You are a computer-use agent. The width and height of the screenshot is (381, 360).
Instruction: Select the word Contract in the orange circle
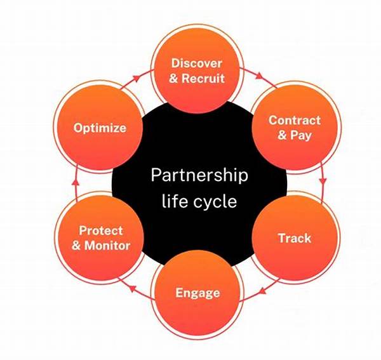point(294,120)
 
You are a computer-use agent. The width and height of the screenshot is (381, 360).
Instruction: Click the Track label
point(294,239)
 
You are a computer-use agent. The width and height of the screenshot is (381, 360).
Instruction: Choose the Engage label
point(197,293)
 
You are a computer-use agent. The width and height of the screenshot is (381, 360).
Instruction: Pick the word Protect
point(101,230)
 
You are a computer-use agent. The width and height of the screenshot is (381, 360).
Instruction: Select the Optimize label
point(100,128)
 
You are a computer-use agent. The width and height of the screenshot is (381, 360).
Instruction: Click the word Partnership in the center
point(199,175)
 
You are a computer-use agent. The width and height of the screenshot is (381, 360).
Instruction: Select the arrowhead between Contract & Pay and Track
point(323,182)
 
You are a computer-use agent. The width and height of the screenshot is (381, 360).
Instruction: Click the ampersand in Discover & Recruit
point(175,79)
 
